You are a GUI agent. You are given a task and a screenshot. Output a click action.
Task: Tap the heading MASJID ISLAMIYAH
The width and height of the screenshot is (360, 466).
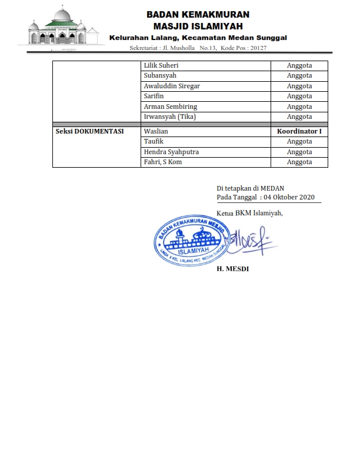[198, 26]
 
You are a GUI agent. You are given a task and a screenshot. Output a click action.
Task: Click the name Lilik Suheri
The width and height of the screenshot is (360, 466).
[161, 66]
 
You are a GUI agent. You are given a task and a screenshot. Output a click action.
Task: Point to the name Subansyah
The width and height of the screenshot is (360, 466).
[160, 76]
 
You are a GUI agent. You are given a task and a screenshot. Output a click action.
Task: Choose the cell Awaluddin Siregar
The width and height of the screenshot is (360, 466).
[172, 86]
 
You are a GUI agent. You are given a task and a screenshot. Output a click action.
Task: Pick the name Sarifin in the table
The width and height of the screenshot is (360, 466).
[154, 96]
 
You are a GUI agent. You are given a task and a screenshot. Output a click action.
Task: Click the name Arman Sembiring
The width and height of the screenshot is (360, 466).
[171, 106]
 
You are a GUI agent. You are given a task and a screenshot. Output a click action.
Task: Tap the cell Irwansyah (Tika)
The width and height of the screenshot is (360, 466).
[170, 116]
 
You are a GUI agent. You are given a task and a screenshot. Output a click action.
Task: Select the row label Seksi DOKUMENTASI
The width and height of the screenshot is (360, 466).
[89, 132]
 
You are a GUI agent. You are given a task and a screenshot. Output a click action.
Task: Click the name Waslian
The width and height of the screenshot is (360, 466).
[156, 132]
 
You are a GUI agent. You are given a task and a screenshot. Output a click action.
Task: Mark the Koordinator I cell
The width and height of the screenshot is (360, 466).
[299, 132]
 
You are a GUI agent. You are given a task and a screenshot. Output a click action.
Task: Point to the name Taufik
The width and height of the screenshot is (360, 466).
[154, 142]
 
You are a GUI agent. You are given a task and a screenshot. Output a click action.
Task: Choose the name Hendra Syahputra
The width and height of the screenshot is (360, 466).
[171, 152]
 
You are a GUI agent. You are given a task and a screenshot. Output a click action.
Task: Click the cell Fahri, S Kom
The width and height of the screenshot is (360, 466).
[163, 162]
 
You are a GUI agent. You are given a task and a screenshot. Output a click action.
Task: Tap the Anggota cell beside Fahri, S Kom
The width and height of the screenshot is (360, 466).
[299, 162]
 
